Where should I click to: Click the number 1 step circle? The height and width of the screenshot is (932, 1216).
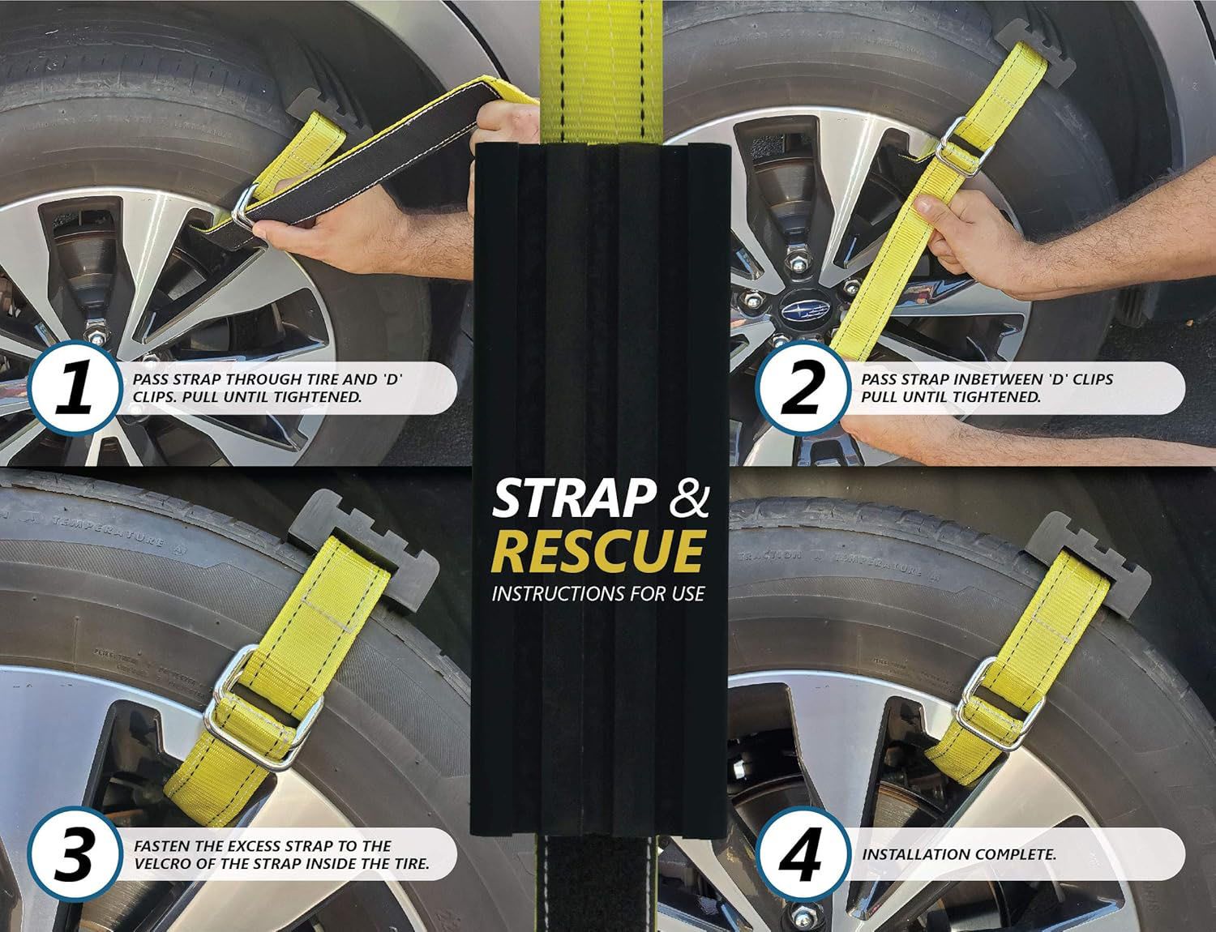[x=75, y=387]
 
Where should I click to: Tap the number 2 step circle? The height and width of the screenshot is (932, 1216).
[x=803, y=387]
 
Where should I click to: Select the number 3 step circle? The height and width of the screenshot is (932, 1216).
[x=75, y=853]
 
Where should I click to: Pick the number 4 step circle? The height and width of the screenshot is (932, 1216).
[x=803, y=853]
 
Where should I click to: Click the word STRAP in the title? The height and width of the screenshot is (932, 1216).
[x=574, y=499]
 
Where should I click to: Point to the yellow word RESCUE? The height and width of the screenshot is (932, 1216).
[x=597, y=551]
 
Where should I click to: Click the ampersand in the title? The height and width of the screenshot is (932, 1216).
[x=689, y=499]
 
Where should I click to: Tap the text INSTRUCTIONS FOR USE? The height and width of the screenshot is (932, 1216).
[x=597, y=593]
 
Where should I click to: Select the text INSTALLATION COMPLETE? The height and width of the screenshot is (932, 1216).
[x=958, y=854]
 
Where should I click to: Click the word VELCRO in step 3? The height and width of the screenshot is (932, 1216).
[x=170, y=863]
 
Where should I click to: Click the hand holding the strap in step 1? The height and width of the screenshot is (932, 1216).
[x=364, y=237]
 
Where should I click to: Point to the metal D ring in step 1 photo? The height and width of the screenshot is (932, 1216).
[x=245, y=207]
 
